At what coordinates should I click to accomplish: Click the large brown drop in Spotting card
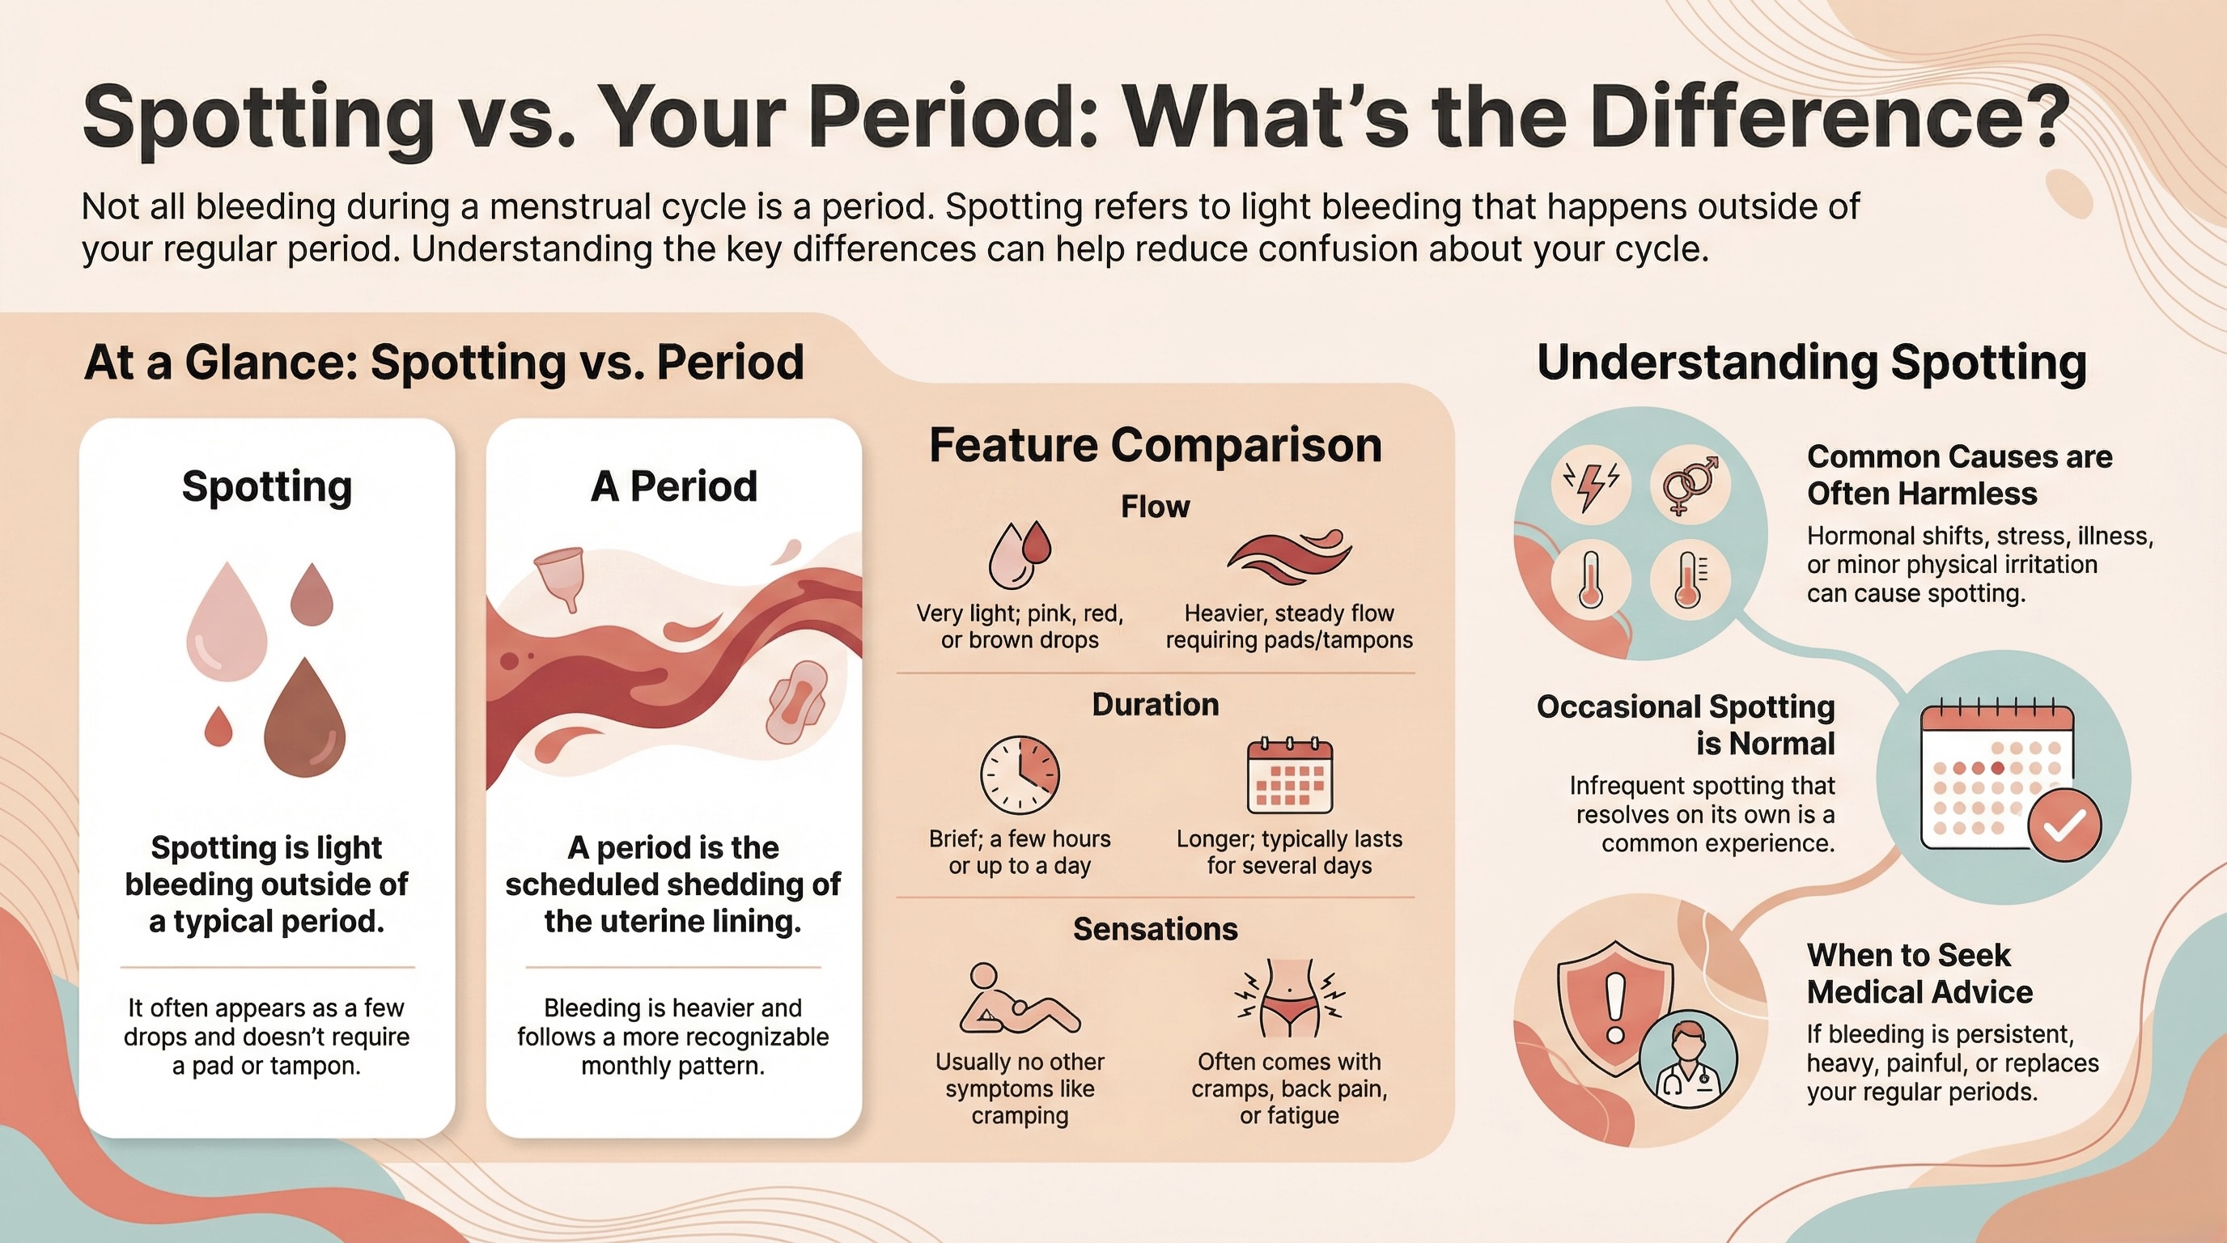click(x=304, y=722)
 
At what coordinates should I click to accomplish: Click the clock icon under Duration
click(x=1020, y=774)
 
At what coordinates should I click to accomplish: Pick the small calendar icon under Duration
click(x=1289, y=775)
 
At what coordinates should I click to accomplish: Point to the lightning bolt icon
click(x=1591, y=485)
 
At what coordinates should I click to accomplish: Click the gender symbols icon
click(x=1691, y=485)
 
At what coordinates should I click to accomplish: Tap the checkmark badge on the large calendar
click(x=2064, y=825)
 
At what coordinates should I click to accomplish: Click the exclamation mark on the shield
click(x=1615, y=1008)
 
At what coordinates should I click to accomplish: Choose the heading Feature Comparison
click(x=1155, y=445)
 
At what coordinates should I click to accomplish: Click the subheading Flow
click(x=1155, y=507)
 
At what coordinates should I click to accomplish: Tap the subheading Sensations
click(x=1155, y=929)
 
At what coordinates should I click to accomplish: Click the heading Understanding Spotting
click(x=1812, y=363)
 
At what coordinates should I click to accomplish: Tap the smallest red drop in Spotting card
click(x=218, y=727)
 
